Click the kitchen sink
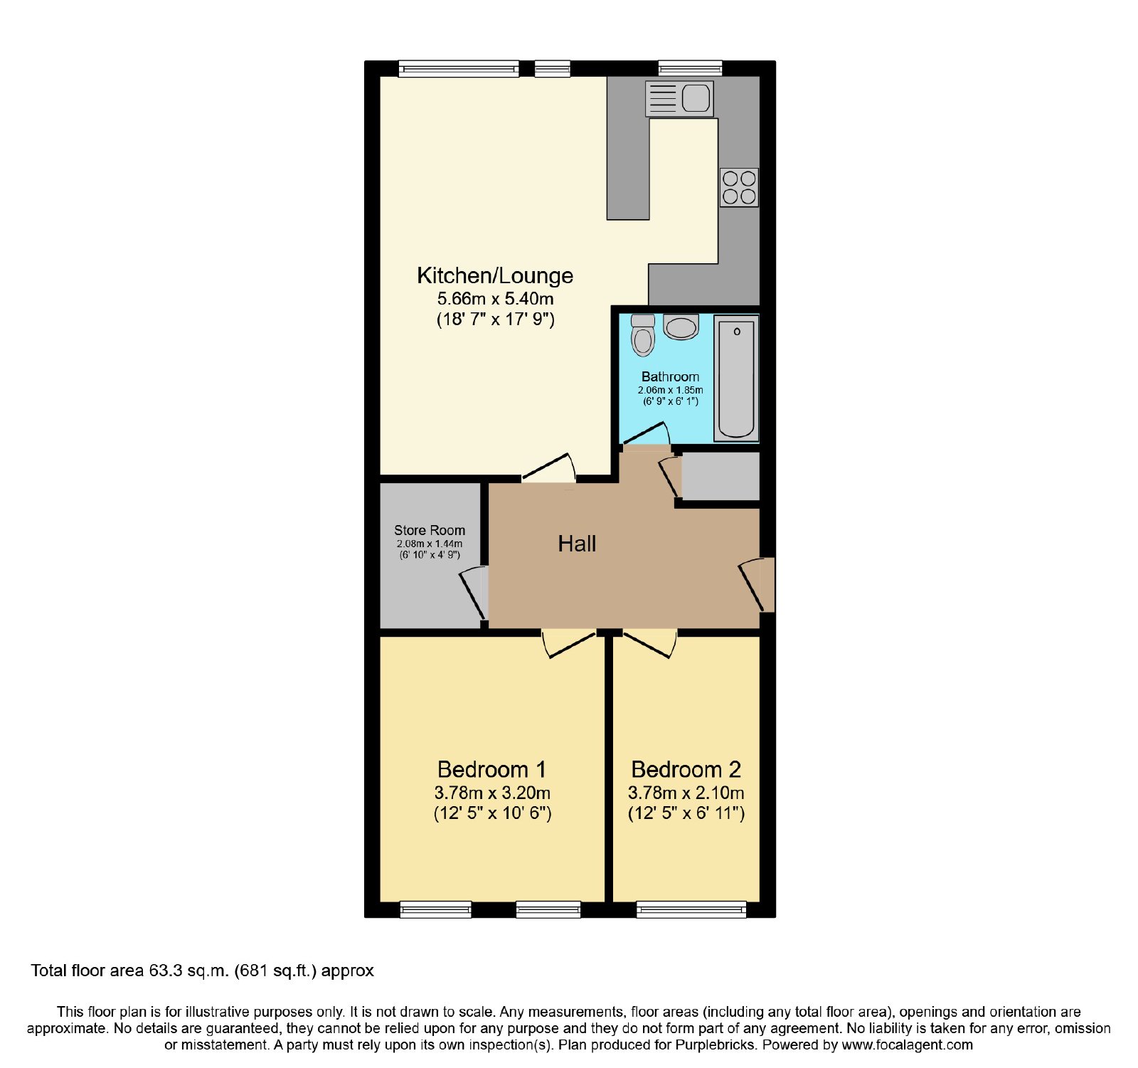tap(679, 98)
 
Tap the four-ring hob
tap(739, 187)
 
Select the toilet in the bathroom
tap(643, 335)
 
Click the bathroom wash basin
tap(681, 327)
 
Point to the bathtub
tap(736, 379)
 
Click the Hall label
tap(577, 544)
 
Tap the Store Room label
tap(430, 530)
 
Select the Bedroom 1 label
tap(491, 769)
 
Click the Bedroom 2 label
tap(686, 769)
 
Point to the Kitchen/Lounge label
tap(495, 275)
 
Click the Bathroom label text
tap(670, 376)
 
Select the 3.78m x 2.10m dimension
tap(686, 793)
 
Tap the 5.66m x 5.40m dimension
tap(495, 299)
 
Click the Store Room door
tap(474, 592)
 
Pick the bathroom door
tap(647, 435)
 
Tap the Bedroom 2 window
tap(691, 909)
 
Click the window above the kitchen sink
tap(690, 68)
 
